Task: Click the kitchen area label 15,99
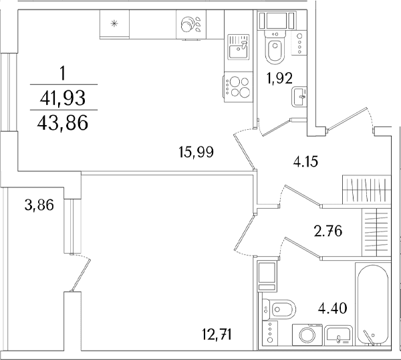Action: pos(196,152)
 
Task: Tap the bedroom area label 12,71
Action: pos(217,335)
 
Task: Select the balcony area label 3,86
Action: pos(39,205)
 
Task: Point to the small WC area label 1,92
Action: pos(279,78)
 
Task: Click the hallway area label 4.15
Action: pos(305,162)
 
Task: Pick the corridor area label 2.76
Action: pos(328,232)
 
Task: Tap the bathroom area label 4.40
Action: pos(333,308)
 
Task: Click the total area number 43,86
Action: pos(63,122)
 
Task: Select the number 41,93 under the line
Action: pos(63,98)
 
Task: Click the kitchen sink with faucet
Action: pos(239,47)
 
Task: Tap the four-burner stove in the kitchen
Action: pos(237,87)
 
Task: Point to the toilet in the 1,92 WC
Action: pos(275,46)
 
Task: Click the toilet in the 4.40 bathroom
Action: pos(278,310)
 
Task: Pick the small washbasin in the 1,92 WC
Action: pos(299,97)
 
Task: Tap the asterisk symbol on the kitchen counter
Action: pos(114,24)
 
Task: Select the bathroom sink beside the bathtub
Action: pos(339,335)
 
